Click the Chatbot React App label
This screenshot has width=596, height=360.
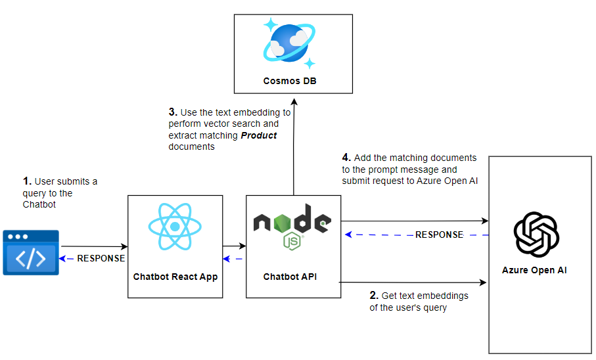[175, 277]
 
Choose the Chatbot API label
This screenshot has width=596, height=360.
[290, 277]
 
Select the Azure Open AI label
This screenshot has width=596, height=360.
[534, 270]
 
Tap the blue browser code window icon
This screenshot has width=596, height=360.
[31, 252]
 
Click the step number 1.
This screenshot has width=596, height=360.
[26, 181]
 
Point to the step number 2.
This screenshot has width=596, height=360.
[374, 296]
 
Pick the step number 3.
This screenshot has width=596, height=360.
[172, 112]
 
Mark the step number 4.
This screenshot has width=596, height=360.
[346, 158]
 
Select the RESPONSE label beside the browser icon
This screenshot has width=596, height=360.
[101, 258]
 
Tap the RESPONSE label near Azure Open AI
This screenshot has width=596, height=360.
[439, 235]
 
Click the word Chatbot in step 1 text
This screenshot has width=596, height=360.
[40, 204]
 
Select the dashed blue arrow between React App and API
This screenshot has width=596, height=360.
[234, 258]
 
